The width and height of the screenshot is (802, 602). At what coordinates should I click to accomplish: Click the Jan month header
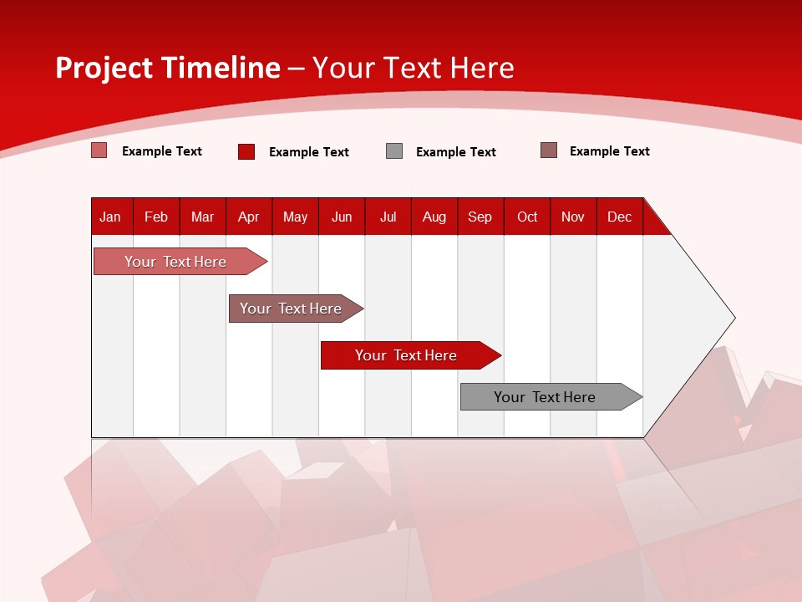click(x=110, y=217)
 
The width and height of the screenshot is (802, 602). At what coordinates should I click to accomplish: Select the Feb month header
click(x=156, y=217)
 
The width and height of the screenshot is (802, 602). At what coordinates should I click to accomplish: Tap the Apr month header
click(x=248, y=217)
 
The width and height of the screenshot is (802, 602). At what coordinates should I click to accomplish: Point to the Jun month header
click(x=342, y=217)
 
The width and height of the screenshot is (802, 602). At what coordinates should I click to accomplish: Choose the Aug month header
click(x=434, y=217)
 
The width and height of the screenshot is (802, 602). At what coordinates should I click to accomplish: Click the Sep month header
click(x=480, y=217)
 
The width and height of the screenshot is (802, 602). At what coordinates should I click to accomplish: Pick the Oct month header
click(x=527, y=217)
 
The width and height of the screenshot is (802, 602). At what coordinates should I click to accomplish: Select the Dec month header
click(x=619, y=217)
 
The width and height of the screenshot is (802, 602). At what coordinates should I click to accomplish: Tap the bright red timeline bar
click(x=407, y=355)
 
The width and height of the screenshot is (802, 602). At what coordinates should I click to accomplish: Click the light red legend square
click(x=99, y=150)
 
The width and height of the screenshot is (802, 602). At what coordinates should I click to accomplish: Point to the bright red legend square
click(x=246, y=151)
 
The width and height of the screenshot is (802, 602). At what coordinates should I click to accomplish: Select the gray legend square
click(x=394, y=151)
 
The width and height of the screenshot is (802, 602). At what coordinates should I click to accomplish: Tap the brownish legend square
click(x=549, y=150)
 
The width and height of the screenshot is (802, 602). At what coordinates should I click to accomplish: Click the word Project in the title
click(x=104, y=68)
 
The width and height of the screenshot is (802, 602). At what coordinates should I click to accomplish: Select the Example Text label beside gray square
click(x=455, y=152)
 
